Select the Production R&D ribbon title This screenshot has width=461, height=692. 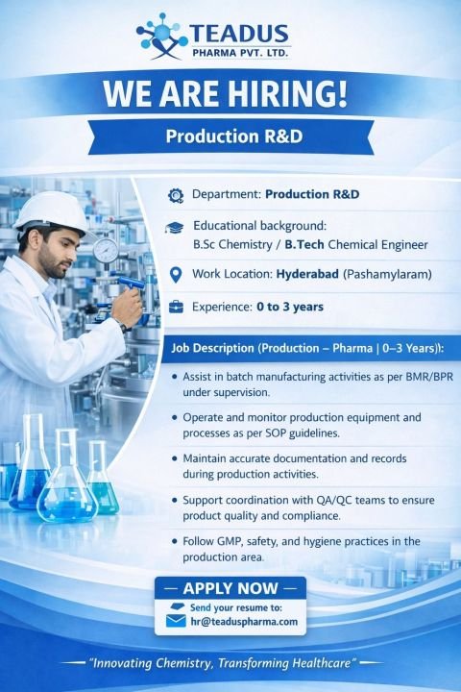[x=234, y=136]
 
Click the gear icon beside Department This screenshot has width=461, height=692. [x=175, y=195]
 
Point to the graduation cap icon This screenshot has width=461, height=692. [x=175, y=228]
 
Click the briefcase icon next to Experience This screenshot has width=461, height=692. [x=175, y=308]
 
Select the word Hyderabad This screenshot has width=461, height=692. [x=312, y=275]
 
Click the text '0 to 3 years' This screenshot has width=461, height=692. [x=290, y=308]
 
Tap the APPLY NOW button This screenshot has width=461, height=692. [x=230, y=588]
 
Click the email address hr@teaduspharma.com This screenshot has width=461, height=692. [x=244, y=622]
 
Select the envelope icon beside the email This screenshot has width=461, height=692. [x=175, y=621]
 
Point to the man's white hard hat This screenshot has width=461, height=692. [x=53, y=210]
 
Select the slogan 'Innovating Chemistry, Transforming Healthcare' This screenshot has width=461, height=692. [x=223, y=664]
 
